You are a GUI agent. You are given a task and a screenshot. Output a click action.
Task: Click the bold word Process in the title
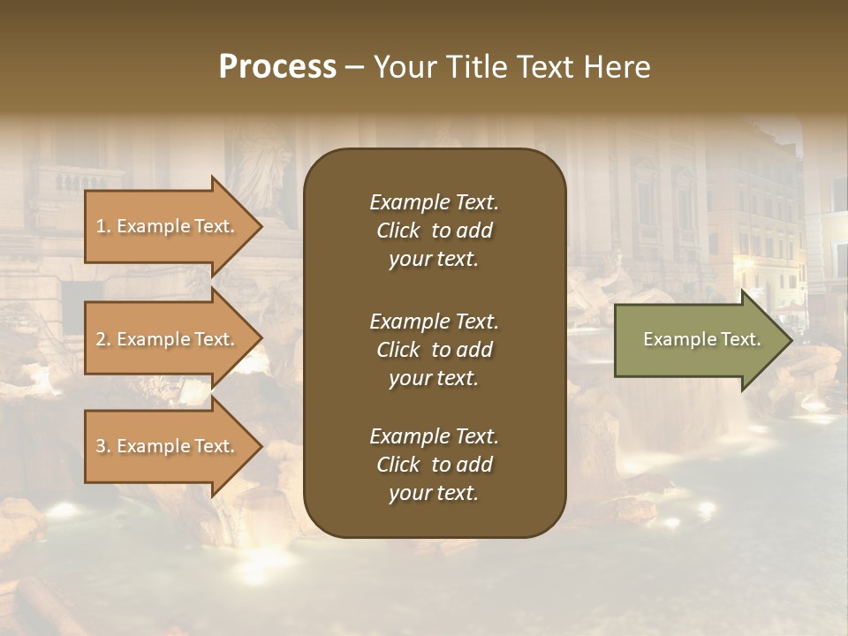tap(277, 67)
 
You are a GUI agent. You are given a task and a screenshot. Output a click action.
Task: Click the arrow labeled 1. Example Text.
tap(168, 226)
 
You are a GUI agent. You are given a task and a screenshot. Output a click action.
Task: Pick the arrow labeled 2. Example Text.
tap(168, 339)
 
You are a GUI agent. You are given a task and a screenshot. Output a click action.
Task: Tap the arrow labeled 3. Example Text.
tap(168, 446)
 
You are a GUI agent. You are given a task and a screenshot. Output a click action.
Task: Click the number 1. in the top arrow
tap(103, 226)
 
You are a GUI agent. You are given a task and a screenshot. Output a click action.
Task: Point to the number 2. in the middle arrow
tap(103, 339)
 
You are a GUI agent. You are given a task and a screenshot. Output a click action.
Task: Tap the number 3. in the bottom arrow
tap(103, 446)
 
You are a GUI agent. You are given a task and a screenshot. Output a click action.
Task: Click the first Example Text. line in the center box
tap(434, 202)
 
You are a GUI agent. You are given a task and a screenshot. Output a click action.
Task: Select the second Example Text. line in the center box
tap(434, 321)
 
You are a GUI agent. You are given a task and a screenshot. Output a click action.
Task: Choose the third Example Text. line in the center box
tap(434, 436)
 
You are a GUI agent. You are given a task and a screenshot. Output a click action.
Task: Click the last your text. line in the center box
tap(434, 494)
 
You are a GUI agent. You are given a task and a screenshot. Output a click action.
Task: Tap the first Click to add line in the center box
tap(434, 231)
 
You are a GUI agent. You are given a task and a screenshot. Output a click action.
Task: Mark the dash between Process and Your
tap(354, 68)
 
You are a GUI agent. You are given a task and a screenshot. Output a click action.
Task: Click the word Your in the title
tap(402, 67)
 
